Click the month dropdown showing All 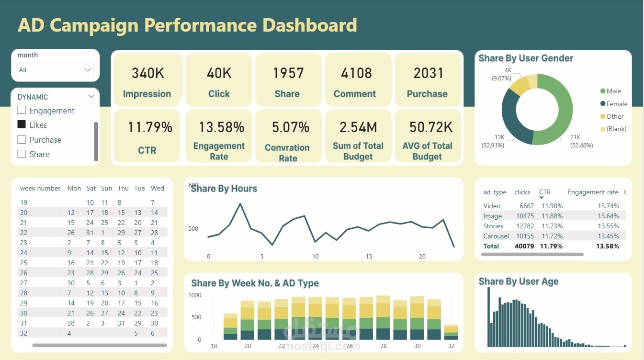[x=55, y=70]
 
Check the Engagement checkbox [x=22, y=111]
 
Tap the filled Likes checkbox [x=22, y=124]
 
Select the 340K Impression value [x=147, y=73]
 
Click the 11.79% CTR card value [x=149, y=128]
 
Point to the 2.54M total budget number [x=358, y=128]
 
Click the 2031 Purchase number [x=429, y=73]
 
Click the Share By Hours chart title [x=224, y=189]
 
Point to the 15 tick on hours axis [x=369, y=257]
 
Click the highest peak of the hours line [x=240, y=204]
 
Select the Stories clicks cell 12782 [x=523, y=226]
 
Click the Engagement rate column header [x=593, y=192]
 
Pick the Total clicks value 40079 [x=523, y=246]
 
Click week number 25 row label [x=24, y=263]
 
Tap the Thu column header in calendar [x=123, y=189]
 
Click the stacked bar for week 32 [x=451, y=332]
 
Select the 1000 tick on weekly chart [x=195, y=295]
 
